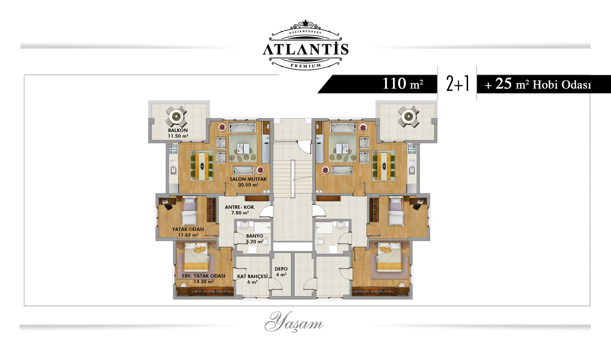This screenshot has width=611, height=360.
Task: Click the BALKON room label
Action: (178, 130)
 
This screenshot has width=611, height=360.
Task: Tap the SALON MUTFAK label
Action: (248, 179)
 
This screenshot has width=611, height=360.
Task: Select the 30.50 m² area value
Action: (248, 185)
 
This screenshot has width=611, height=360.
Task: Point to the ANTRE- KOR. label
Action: (240, 207)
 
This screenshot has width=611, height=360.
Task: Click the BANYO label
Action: (254, 236)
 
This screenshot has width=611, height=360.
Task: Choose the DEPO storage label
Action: (281, 269)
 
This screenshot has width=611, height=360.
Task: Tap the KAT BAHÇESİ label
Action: (252, 276)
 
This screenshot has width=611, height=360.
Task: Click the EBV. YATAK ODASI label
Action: (204, 276)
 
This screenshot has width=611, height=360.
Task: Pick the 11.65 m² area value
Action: (188, 235)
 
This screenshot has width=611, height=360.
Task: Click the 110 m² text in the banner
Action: (403, 84)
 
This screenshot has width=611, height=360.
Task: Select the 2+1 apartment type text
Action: (457, 84)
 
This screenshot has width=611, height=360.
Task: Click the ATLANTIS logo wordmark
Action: (306, 49)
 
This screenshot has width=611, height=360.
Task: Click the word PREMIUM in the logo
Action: (306, 66)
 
